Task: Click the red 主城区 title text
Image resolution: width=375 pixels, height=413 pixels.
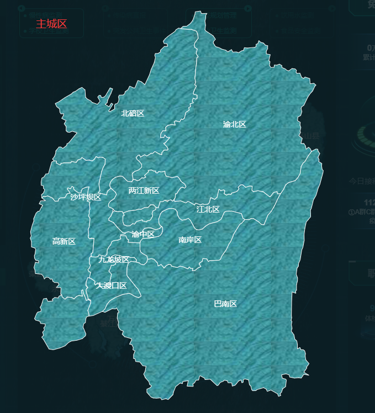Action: (51, 24)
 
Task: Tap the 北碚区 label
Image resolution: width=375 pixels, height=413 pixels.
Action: (133, 113)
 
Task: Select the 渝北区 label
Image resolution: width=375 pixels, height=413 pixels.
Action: (234, 124)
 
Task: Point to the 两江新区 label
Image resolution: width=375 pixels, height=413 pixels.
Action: (144, 190)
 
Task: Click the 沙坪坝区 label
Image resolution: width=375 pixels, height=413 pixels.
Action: (86, 197)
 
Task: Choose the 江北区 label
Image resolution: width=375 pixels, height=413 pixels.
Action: (208, 209)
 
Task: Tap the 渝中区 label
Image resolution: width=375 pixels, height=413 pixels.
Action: (143, 234)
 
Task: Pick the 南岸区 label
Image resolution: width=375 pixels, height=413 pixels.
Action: (190, 240)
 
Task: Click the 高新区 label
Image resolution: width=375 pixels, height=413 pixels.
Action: (64, 241)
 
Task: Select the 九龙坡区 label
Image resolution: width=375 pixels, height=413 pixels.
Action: (114, 260)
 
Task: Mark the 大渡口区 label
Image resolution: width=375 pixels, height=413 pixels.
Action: (111, 285)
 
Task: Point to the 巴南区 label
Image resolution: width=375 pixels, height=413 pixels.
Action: (225, 304)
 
